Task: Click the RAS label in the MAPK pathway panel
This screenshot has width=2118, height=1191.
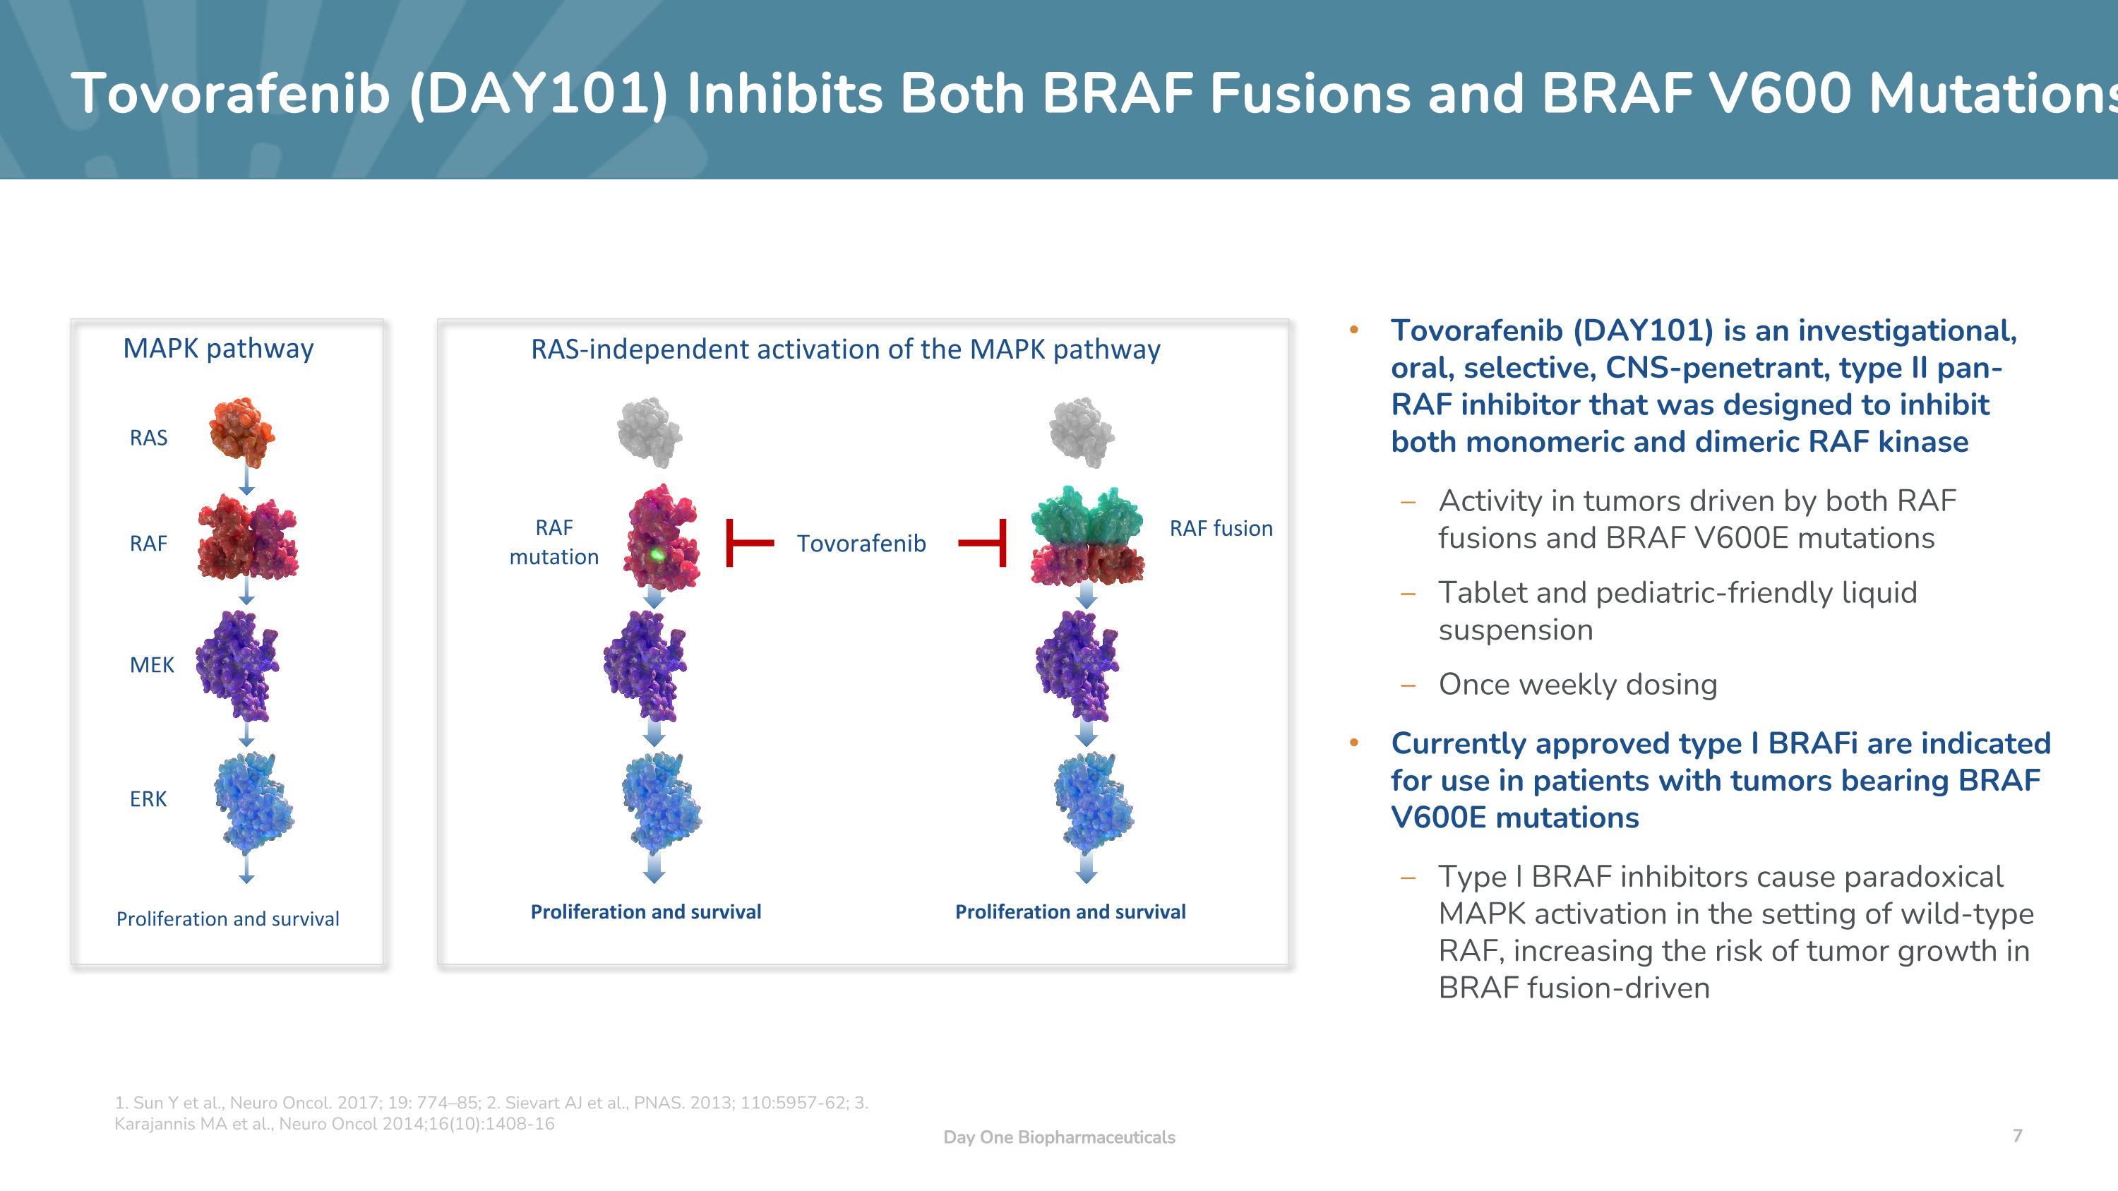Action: [x=149, y=438]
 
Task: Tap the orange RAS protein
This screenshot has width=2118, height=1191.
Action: [x=241, y=429]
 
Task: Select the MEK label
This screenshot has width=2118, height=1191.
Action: [x=152, y=665]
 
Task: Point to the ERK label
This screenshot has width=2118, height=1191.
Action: [x=149, y=799]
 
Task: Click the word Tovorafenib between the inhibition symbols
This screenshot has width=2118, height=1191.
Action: [x=861, y=544]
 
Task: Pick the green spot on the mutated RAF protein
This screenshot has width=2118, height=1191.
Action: [x=657, y=555]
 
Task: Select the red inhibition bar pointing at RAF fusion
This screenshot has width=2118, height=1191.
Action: [x=983, y=542]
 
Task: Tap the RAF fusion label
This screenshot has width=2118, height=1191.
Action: [x=1221, y=529]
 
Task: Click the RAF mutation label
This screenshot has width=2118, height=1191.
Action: [x=554, y=542]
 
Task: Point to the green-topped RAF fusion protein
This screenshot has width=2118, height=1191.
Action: [x=1087, y=535]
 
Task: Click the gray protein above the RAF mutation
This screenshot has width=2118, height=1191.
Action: [x=650, y=432]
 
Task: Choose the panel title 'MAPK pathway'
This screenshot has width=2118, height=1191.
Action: [x=219, y=349]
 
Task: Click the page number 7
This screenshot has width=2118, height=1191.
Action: [x=2017, y=1135]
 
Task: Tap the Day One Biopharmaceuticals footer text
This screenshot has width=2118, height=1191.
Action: [x=1059, y=1137]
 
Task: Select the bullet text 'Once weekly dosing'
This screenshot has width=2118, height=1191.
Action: [x=1578, y=684]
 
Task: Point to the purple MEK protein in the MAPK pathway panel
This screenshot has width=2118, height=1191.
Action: [x=238, y=666]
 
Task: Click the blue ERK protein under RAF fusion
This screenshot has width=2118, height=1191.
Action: [x=1094, y=802]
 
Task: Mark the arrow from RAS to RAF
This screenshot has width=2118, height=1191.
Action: [x=246, y=479]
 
